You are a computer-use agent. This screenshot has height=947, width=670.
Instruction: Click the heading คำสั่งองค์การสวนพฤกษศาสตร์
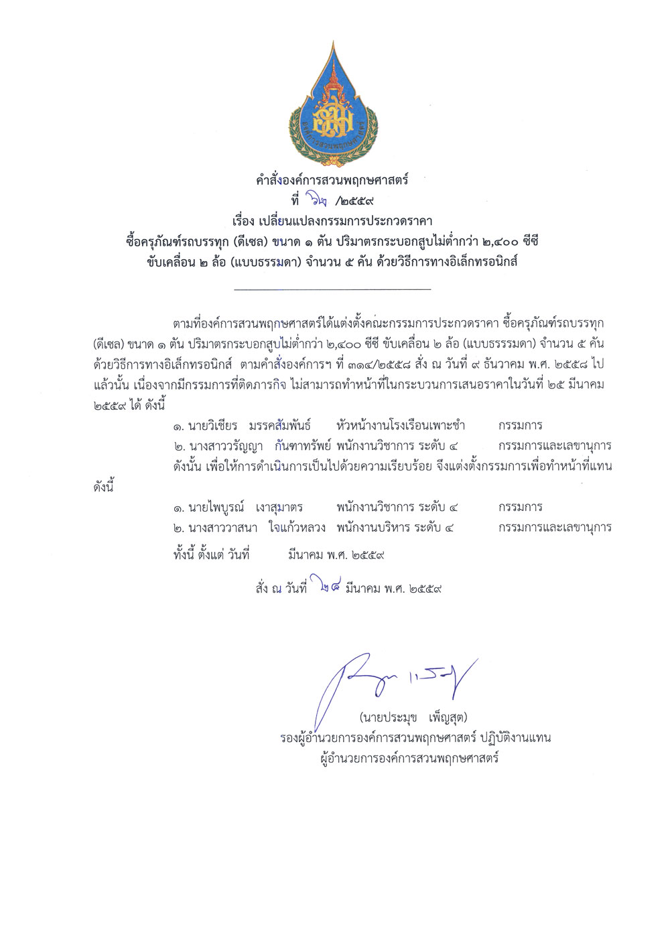[332, 179]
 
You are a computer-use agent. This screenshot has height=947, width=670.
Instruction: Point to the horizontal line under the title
[332, 289]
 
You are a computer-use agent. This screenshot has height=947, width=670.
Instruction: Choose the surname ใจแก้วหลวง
[297, 527]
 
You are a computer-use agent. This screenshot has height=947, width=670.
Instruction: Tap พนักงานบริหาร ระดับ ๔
[395, 527]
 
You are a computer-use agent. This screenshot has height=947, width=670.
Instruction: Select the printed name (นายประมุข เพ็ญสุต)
[413, 718]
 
